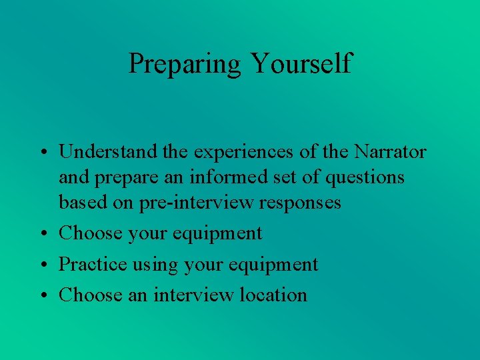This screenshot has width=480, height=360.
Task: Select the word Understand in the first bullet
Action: tap(109, 152)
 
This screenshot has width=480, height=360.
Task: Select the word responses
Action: tap(299, 202)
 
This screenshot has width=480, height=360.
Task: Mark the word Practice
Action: tap(91, 264)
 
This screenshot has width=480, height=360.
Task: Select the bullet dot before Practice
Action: tap(41, 265)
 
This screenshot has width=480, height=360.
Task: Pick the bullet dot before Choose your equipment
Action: tap(41, 234)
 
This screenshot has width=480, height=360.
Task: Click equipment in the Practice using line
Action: tap(273, 265)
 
